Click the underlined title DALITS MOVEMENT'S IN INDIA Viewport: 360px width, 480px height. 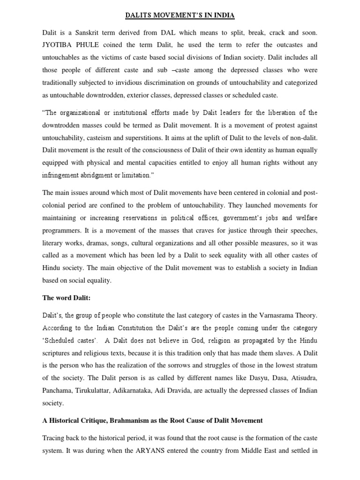click(x=180, y=15)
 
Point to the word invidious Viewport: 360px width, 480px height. click(x=142, y=82)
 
